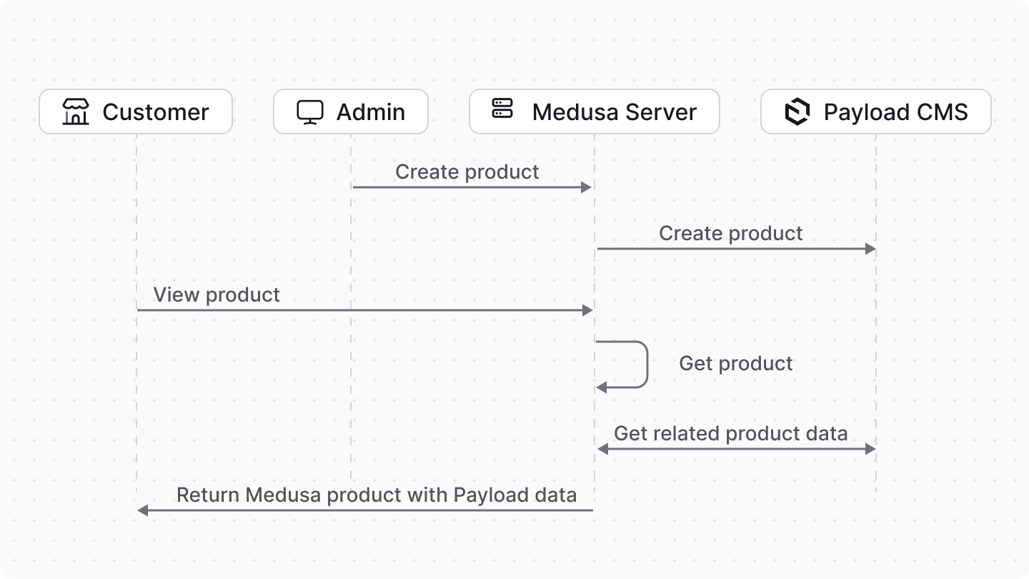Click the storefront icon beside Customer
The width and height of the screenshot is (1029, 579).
tap(76, 112)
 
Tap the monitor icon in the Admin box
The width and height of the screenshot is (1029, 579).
tap(310, 112)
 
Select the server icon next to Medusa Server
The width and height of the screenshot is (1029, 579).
tap(503, 109)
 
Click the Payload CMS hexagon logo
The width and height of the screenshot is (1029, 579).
tap(797, 112)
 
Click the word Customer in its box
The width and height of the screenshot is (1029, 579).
tap(155, 112)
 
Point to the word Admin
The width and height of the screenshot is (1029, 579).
tap(370, 112)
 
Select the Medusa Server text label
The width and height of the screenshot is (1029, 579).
tap(614, 112)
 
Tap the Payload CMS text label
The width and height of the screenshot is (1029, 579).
tap(895, 112)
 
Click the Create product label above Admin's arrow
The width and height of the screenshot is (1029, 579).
tap(467, 172)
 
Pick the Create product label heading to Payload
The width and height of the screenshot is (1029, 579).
tap(730, 234)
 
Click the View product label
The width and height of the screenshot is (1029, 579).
tap(217, 295)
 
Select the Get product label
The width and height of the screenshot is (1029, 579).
tap(735, 364)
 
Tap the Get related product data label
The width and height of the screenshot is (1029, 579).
tap(730, 434)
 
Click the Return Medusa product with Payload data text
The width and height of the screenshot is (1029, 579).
tap(376, 495)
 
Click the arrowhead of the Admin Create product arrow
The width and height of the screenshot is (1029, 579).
tap(587, 187)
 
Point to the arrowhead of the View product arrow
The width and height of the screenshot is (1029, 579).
tap(588, 310)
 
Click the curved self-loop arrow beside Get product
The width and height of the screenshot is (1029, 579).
tap(646, 365)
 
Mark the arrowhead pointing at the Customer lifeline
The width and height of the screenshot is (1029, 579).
tap(142, 510)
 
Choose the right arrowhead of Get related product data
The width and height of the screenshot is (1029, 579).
tap(870, 449)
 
